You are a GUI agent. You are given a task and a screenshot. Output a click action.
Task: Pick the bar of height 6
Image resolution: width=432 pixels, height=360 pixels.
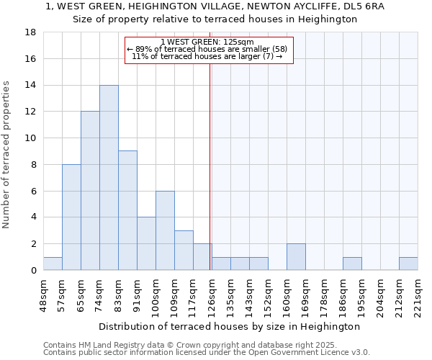click(x=165, y=230)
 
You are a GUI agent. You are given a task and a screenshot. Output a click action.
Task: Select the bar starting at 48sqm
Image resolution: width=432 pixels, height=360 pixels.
click(x=53, y=264)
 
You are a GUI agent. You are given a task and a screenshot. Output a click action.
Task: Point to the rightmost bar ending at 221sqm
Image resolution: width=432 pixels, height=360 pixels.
click(x=408, y=264)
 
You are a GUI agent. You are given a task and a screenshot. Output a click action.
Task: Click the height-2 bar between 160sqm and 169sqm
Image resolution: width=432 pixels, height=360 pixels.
click(x=296, y=257)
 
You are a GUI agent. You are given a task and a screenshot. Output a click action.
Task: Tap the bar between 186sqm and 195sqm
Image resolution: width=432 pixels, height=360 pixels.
click(x=352, y=264)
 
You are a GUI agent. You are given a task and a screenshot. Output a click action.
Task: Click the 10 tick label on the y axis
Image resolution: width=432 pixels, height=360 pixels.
click(x=30, y=138)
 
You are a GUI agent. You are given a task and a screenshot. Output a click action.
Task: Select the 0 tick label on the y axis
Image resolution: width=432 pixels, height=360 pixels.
click(x=33, y=271)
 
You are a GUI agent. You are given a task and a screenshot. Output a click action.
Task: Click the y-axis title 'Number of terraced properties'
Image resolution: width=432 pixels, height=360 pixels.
click(x=7, y=155)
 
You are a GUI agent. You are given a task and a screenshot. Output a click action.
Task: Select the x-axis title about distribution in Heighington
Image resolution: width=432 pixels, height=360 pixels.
click(x=230, y=326)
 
